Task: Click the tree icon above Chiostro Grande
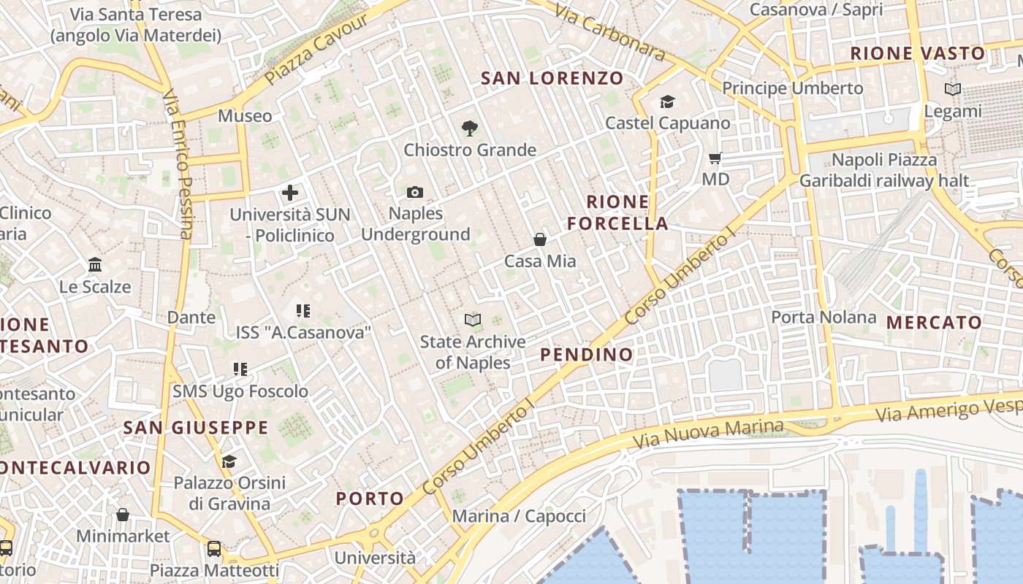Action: [470, 128]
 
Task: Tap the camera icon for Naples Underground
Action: [415, 192]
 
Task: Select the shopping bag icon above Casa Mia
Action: [540, 239]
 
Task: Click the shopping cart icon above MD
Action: [715, 158]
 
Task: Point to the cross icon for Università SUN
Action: [290, 193]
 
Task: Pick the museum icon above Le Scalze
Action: [95, 265]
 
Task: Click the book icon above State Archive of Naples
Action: [473, 320]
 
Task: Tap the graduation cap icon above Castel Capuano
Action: [667, 101]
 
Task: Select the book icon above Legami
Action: [953, 90]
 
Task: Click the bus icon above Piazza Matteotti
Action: [214, 548]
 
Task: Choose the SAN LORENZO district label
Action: [552, 78]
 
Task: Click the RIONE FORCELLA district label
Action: [618, 212]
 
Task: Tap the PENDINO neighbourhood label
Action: [587, 355]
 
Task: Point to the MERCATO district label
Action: [934, 322]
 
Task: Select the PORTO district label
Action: [370, 499]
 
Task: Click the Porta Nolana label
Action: [824, 317]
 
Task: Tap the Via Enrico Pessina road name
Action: [180, 164]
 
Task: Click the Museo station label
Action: [245, 115]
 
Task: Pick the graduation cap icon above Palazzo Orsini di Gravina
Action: [229, 461]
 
